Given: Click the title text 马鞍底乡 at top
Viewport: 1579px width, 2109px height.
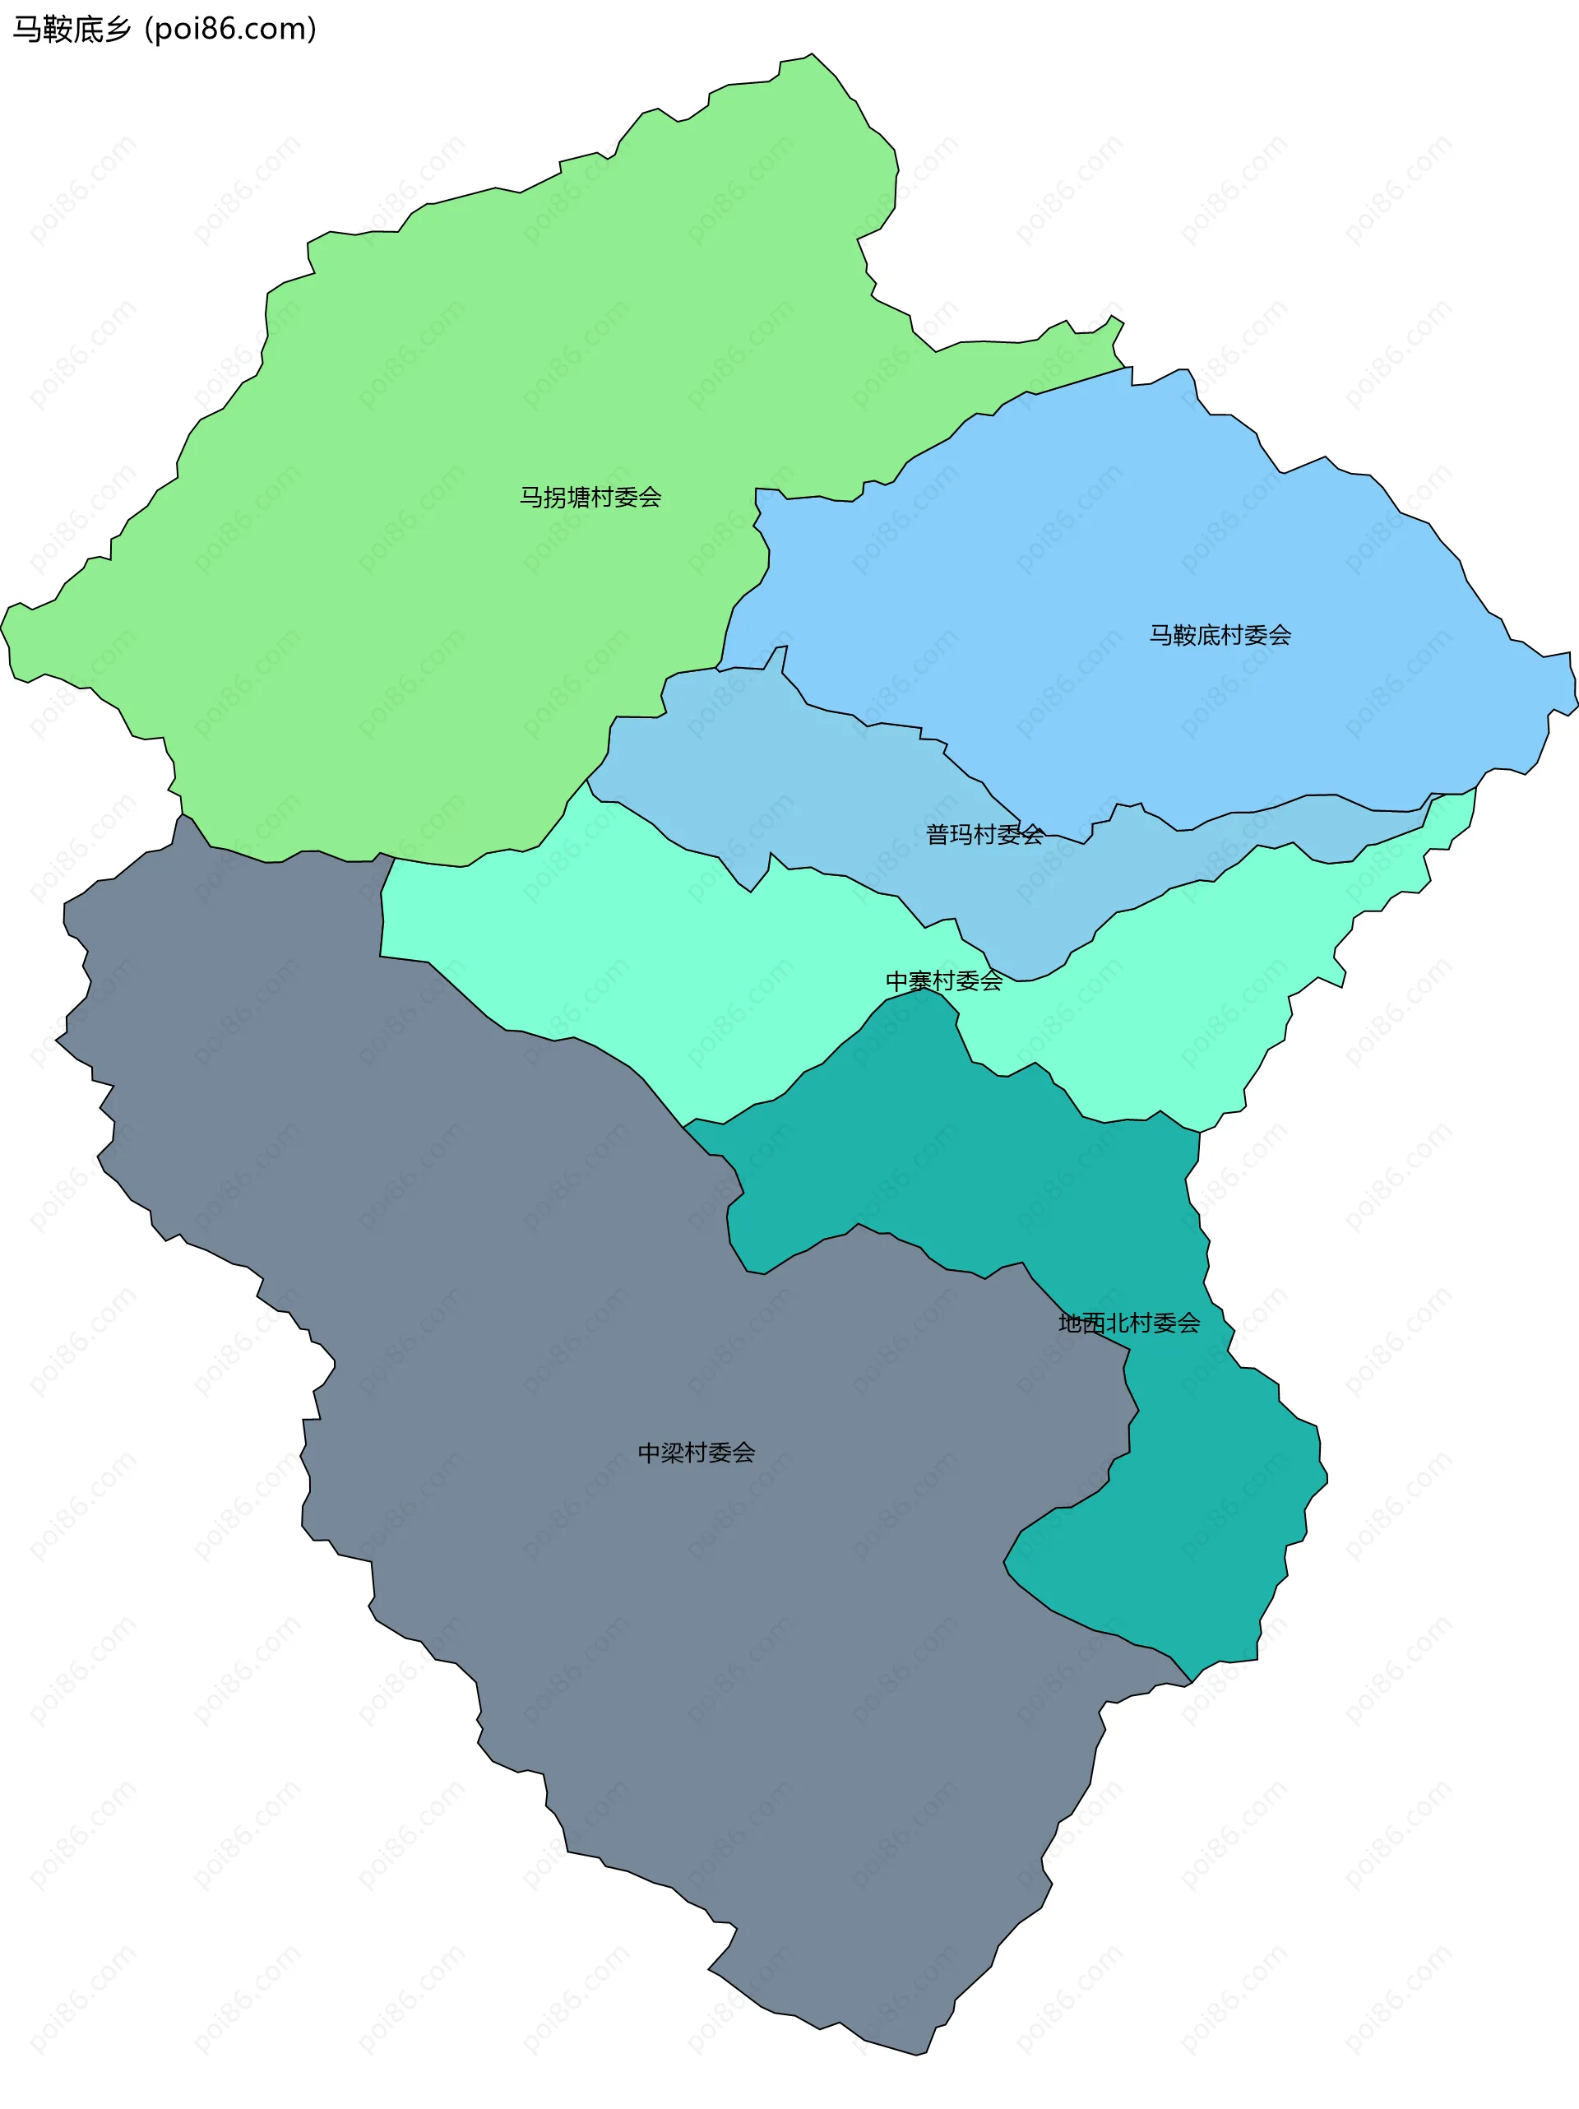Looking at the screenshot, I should (x=72, y=30).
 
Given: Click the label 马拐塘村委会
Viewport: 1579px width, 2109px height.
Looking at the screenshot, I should (x=590, y=497).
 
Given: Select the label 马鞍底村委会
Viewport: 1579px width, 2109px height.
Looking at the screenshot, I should (x=1220, y=635).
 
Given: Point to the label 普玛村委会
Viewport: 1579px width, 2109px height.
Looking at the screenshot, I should (x=984, y=834).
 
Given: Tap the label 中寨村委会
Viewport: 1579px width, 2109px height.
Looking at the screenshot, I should (x=944, y=981).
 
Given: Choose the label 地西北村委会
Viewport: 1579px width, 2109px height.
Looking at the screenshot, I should (x=1129, y=1323).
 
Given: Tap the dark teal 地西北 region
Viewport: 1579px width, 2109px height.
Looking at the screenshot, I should (x=1192, y=1526).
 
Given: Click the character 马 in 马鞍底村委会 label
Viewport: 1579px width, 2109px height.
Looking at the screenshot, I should (x=1160, y=635).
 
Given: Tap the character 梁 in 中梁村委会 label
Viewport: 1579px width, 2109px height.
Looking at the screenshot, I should (x=674, y=1452).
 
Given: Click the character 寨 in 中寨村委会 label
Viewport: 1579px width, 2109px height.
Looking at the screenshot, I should (x=921, y=981).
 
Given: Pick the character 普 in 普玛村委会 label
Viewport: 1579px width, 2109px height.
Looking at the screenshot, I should (x=938, y=834).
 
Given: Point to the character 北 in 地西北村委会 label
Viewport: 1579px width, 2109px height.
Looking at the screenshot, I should (x=1118, y=1323).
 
